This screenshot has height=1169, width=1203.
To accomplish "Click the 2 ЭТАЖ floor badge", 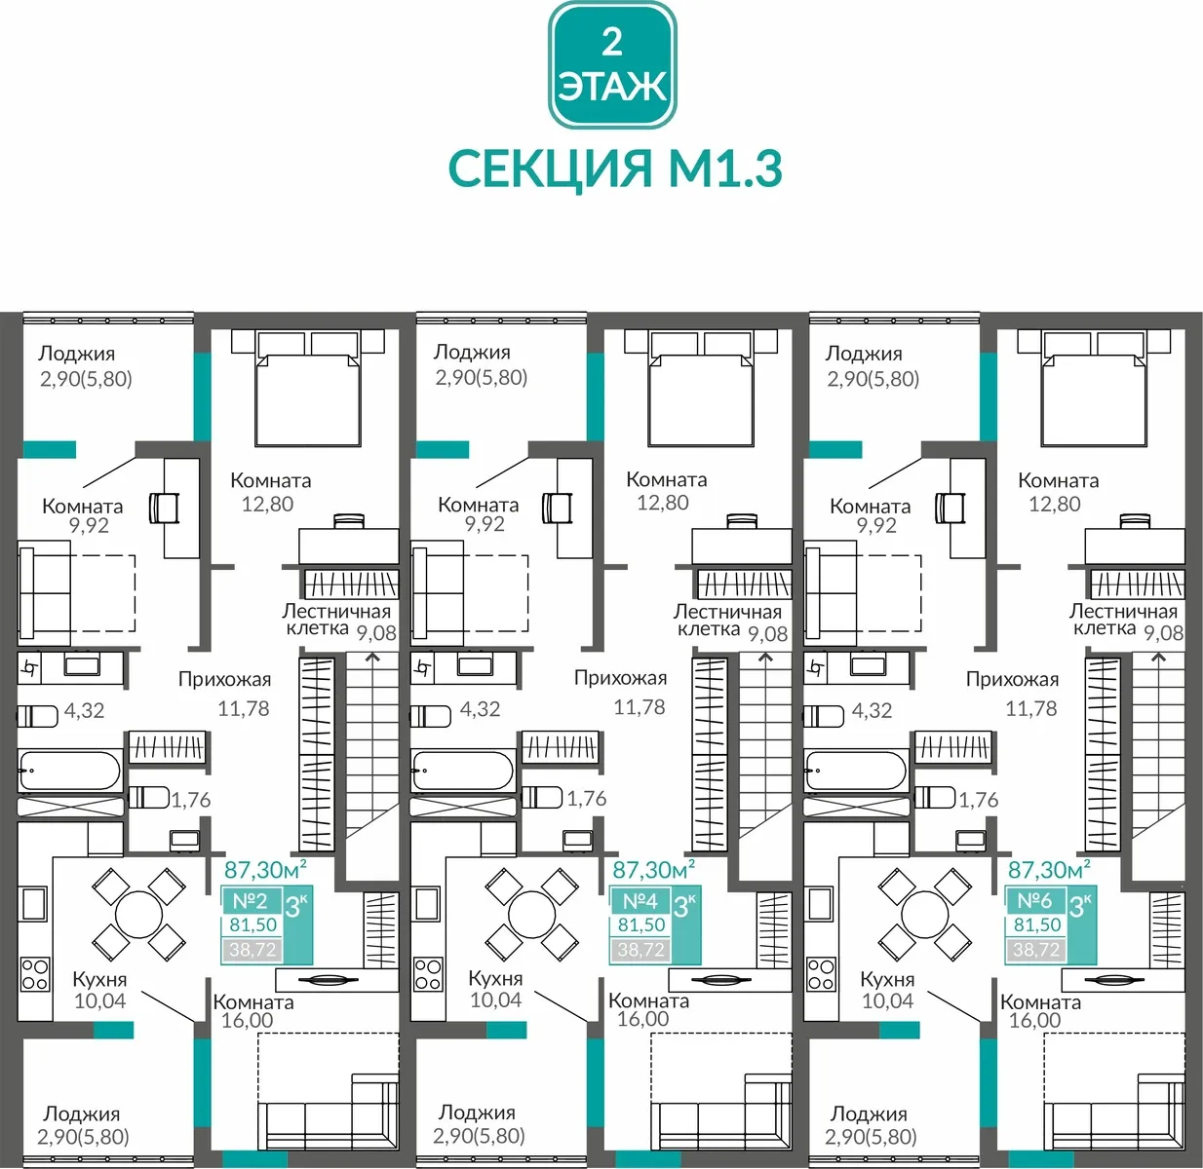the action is (612, 65).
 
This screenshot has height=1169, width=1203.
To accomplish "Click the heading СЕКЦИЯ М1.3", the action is (615, 169).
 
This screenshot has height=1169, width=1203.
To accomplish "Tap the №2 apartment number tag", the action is (251, 901).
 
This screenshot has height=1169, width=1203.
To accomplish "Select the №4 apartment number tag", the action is (640, 901).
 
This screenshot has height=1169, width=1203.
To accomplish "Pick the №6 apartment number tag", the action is (1034, 901).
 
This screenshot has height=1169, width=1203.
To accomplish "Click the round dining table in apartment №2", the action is (139, 915).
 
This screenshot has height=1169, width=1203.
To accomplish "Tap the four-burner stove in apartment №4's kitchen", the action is (428, 974).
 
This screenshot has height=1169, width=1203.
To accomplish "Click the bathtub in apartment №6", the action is (856, 771).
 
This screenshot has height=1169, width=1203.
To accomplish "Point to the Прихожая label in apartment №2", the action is (225, 679).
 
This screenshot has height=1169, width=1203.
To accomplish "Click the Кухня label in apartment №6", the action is (887, 979).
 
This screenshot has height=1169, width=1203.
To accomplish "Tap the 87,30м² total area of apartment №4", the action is (654, 870).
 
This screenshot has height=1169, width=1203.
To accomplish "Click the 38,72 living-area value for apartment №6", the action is (1036, 949).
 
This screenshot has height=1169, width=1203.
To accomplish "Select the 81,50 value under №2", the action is (252, 924).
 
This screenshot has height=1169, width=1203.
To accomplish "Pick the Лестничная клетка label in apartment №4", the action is (727, 621).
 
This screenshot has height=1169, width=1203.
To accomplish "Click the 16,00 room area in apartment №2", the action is (247, 1020).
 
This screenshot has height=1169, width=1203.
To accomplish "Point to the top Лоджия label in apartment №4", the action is (472, 352).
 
